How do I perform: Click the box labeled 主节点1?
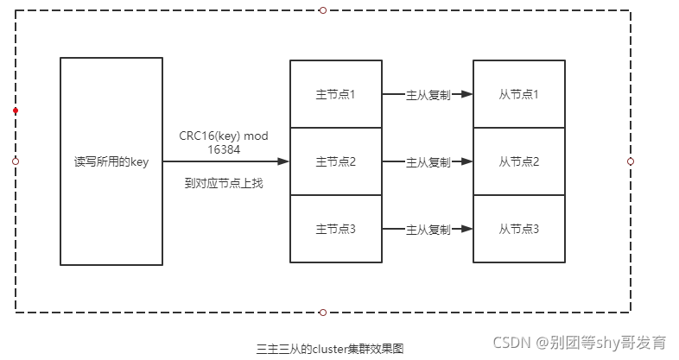(335, 93)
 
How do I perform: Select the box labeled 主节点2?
(335, 161)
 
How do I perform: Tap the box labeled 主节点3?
(335, 229)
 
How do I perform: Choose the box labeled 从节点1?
(518, 93)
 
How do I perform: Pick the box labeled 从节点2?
(518, 161)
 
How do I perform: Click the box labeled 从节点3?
(518, 229)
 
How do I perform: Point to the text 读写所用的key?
(111, 161)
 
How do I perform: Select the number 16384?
(223, 149)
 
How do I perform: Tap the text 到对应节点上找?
(223, 183)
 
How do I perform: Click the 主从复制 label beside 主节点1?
(428, 94)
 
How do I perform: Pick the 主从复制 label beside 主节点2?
(428, 162)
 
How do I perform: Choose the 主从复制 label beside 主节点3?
(428, 230)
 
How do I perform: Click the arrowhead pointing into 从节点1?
(466, 94)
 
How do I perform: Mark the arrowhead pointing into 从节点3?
(466, 230)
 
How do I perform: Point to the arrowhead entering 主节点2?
(282, 161)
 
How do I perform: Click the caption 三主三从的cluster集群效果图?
(330, 349)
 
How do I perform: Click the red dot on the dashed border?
(16, 111)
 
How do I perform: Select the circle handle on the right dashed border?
(631, 161)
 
